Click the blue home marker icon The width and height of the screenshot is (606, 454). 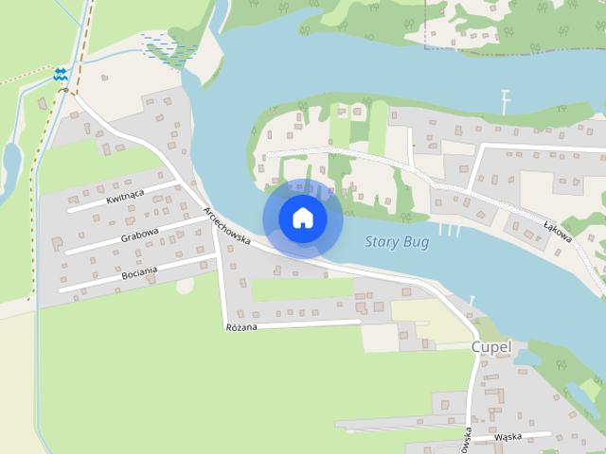coord(303,218)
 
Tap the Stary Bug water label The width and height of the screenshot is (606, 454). coord(397,242)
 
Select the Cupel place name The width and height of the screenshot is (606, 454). coord(490,348)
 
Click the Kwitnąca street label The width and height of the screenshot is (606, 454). coord(125,197)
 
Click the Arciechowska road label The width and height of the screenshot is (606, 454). coord(227,227)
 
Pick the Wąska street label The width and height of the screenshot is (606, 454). coord(508,438)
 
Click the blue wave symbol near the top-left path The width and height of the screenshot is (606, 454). coord(62,73)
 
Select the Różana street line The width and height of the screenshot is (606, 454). coord(303,323)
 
